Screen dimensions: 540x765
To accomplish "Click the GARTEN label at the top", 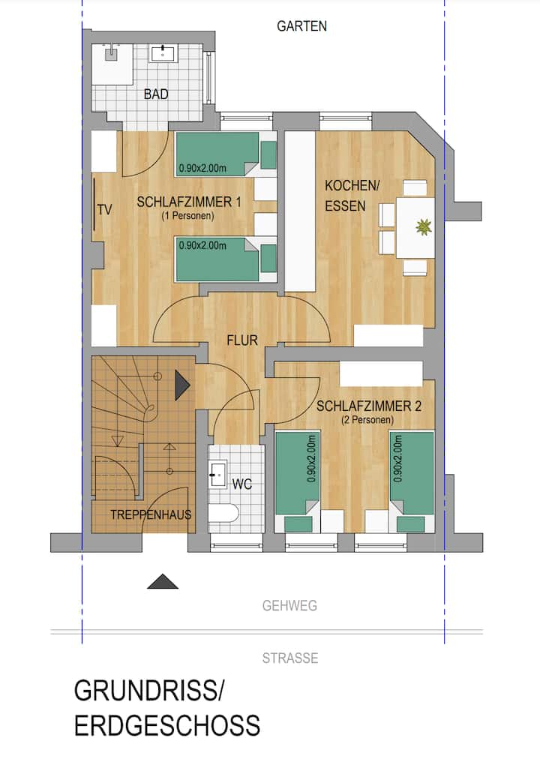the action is [301, 26].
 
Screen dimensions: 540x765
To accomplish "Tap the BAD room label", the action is [156, 94].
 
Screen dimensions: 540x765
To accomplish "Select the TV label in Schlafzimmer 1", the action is [105, 210].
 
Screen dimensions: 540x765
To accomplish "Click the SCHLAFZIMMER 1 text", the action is [189, 202].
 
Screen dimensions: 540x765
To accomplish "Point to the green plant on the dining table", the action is [424, 226].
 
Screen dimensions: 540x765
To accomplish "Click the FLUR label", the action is [242, 340].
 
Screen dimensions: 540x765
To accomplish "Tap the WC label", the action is [242, 484].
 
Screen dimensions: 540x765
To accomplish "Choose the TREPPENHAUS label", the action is [151, 514].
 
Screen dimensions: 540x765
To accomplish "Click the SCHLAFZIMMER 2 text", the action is [369, 406].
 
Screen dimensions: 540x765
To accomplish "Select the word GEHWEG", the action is [289, 606].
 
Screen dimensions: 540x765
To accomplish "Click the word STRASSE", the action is [290, 658].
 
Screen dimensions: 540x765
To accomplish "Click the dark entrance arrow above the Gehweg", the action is [163, 581].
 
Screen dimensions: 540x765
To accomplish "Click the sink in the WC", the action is [217, 473].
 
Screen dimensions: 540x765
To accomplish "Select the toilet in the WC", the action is [223, 513].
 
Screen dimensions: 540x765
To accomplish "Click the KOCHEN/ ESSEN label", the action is [352, 196].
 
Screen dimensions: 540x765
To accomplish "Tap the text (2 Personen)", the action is [368, 419].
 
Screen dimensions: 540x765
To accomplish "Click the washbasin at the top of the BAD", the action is [164, 52].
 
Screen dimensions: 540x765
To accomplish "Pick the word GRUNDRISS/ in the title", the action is [148, 691].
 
